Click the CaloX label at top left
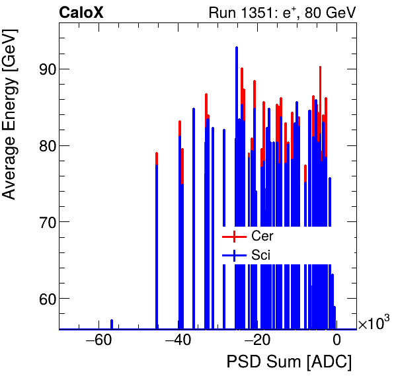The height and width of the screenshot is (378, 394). [x=81, y=12]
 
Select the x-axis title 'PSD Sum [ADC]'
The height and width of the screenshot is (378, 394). [x=289, y=362]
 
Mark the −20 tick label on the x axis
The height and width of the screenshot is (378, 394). [x=257, y=341]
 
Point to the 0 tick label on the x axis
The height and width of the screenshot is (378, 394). [x=336, y=341]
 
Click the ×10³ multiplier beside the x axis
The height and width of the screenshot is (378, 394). [x=374, y=323]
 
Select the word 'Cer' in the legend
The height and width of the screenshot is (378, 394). [x=262, y=236]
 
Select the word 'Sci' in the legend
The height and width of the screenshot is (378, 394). [x=260, y=255]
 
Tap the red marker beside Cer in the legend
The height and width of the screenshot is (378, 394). [x=234, y=236]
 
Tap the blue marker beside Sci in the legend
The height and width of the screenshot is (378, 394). [x=234, y=255]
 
